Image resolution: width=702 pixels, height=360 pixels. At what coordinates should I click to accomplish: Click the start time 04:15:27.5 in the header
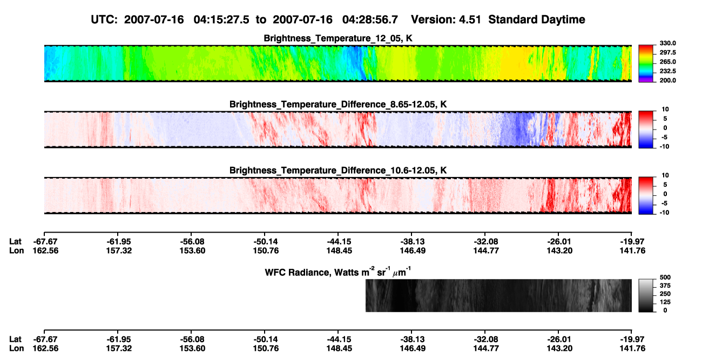221,20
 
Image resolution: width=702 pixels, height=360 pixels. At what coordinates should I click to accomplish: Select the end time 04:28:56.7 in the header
370,20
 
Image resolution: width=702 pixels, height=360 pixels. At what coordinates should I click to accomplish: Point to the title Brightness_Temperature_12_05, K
338,38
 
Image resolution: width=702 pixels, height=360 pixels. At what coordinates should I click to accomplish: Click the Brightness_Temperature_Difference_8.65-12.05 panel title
338,105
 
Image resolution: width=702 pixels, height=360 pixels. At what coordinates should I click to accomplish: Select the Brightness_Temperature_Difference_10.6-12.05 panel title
338,171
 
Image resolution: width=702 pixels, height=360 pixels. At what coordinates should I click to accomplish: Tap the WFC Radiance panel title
338,272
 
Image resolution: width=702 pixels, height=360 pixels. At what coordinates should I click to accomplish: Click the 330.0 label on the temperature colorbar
667,43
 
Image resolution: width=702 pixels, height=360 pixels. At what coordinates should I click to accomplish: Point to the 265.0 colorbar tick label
667,62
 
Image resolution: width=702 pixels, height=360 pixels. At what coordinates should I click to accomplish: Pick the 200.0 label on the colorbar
667,80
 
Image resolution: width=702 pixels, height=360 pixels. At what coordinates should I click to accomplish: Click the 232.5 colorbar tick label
667,71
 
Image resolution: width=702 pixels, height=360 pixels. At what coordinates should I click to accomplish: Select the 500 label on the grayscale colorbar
665,277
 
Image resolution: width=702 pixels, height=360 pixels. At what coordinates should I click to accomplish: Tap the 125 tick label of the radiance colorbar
665,302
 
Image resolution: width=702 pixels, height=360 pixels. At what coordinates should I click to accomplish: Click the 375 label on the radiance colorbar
665,286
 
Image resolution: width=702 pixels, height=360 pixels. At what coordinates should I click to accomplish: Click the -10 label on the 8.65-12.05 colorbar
664,147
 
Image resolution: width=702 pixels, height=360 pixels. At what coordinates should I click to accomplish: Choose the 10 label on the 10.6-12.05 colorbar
665,175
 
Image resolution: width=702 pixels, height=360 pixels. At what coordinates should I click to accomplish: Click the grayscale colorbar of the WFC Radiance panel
646,295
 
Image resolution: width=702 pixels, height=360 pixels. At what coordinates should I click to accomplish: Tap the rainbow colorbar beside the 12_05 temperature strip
646,64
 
